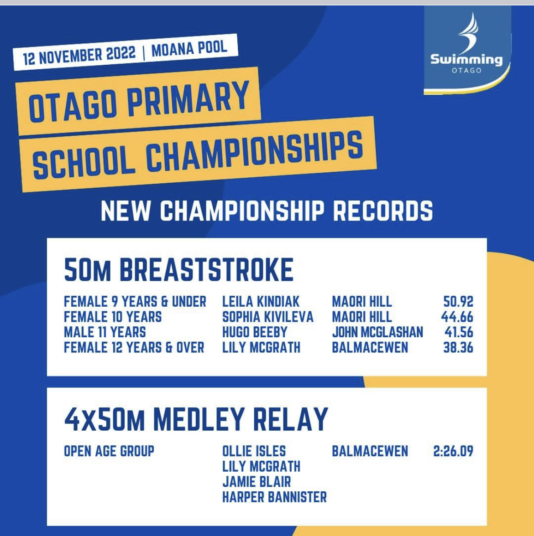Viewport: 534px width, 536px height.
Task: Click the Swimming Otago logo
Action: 467,50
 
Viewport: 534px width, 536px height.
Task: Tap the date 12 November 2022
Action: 79,55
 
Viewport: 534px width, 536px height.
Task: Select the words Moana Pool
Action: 189,48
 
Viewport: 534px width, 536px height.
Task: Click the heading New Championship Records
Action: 267,211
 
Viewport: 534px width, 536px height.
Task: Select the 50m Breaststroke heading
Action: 179,270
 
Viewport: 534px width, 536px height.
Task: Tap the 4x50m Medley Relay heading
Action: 196,419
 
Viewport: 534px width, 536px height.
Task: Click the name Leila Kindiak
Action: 261,302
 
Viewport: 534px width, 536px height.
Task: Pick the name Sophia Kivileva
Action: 267,317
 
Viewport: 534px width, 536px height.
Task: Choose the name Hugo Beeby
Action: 255,332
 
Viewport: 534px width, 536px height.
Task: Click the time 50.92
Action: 458,302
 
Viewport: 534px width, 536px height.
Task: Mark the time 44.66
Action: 457,317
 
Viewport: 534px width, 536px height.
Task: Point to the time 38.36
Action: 458,348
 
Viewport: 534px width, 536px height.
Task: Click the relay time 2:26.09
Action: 453,451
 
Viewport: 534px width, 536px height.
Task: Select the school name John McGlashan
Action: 377,332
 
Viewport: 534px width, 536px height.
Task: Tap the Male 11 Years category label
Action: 105,332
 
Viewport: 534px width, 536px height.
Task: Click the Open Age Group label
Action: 109,451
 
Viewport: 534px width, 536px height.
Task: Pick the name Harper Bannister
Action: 275,497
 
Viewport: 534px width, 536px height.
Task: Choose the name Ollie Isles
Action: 254,451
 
